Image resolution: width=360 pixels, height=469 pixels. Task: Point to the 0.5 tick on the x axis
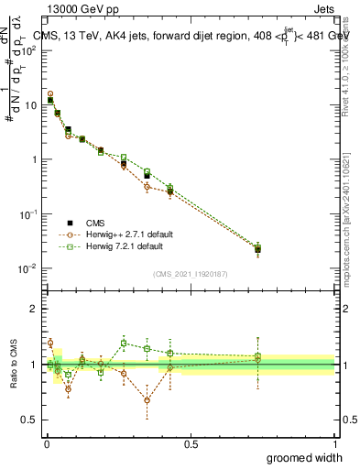click(x=190, y=443)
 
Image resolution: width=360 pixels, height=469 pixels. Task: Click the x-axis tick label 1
click(x=335, y=443)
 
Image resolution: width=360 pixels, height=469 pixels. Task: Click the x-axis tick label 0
click(x=46, y=443)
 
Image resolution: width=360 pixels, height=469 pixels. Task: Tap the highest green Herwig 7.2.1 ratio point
click(x=124, y=344)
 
